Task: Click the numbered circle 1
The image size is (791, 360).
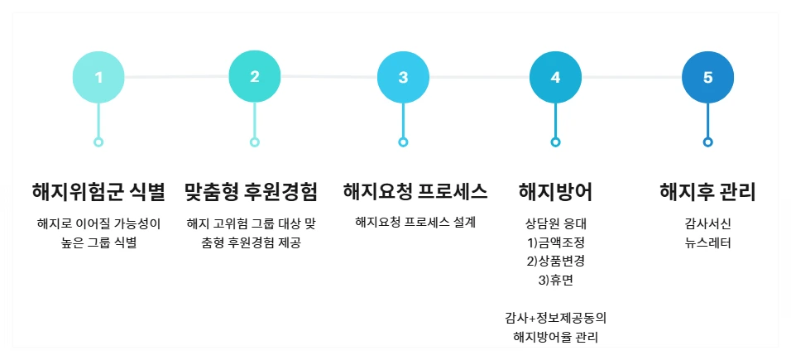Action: pyautogui.click(x=98, y=78)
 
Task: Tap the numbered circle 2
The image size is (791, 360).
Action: pyautogui.click(x=254, y=77)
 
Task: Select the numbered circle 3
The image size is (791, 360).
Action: pyautogui.click(x=403, y=78)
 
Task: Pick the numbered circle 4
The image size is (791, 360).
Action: pyautogui.click(x=555, y=78)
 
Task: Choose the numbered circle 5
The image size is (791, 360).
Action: pyautogui.click(x=707, y=78)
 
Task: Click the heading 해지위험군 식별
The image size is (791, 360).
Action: pyautogui.click(x=98, y=192)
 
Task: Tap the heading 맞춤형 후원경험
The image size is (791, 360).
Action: pyautogui.click(x=251, y=192)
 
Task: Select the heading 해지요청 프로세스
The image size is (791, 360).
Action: pyautogui.click(x=415, y=192)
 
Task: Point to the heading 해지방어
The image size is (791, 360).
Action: pyautogui.click(x=555, y=192)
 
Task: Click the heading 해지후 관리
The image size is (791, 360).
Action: pyautogui.click(x=707, y=192)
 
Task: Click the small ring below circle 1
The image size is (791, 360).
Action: pyautogui.click(x=98, y=142)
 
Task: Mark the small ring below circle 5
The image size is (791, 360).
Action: pyautogui.click(x=707, y=142)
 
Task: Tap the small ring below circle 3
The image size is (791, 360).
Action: pyautogui.click(x=403, y=142)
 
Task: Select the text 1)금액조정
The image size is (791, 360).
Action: pyautogui.click(x=555, y=242)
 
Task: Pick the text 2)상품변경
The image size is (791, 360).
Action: pyautogui.click(x=555, y=262)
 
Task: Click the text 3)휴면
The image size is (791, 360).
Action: pyautogui.click(x=555, y=281)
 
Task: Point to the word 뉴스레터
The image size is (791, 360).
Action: pyautogui.click(x=707, y=242)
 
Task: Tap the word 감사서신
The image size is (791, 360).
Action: pyautogui.click(x=707, y=223)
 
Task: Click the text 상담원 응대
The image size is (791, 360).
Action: pyautogui.click(x=555, y=223)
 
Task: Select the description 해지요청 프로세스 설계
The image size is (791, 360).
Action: pyautogui.click(x=415, y=222)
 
